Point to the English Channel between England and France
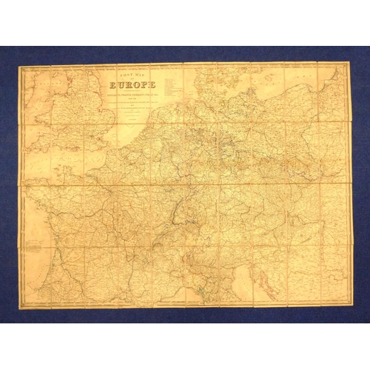[67, 152]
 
